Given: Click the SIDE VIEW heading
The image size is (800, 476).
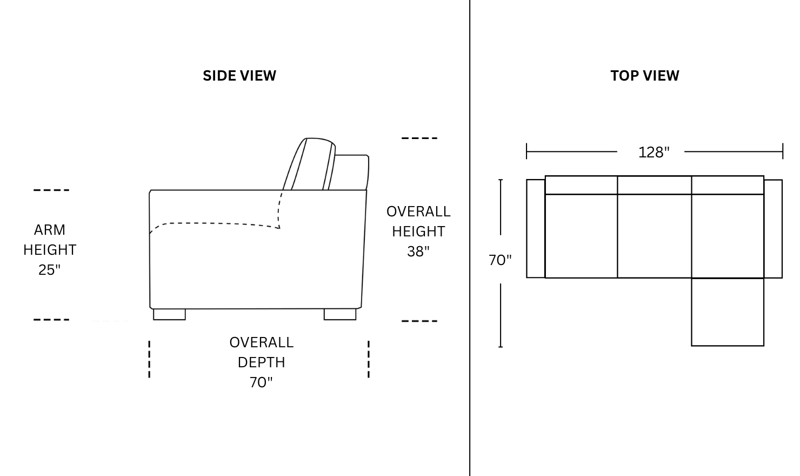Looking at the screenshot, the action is click(239, 76).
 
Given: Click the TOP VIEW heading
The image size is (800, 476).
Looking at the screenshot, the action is click(644, 76).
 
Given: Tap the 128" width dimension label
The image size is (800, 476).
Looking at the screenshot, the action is click(654, 153).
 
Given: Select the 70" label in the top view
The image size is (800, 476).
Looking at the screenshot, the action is click(500, 260).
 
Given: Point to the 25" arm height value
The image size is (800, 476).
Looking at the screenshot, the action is click(49, 270).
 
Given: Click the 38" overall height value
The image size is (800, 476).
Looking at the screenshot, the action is click(418, 252).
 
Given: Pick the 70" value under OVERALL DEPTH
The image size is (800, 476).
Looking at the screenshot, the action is click(261, 382).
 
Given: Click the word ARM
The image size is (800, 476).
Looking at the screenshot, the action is click(49, 230).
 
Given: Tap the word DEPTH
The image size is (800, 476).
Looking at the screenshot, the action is click(261, 362).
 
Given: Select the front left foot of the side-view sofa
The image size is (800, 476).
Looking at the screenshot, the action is click(169, 314).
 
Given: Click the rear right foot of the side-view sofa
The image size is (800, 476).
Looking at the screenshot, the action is click(340, 314).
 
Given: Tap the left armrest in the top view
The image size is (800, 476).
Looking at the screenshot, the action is click(536, 228).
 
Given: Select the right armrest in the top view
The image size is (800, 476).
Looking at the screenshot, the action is click(773, 228).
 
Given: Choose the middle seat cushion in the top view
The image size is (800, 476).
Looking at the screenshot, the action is click(654, 236).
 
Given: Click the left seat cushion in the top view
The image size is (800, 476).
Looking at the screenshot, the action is click(581, 236).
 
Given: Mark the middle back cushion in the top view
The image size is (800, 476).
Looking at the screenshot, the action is click(654, 185).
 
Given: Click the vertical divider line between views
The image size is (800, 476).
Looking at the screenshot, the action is click(470, 238).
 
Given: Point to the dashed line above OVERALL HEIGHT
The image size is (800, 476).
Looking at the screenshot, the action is click(419, 138).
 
